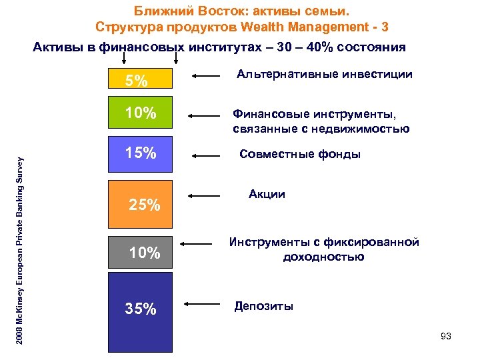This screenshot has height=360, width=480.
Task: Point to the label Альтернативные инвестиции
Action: pyautogui.click(x=324, y=75)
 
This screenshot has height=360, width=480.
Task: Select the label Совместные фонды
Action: pyautogui.click(x=300, y=155)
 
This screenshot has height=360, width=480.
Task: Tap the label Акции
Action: pyautogui.click(x=267, y=195)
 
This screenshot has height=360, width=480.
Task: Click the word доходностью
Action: pyautogui.click(x=323, y=257)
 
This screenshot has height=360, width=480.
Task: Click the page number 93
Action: pyautogui.click(x=446, y=337)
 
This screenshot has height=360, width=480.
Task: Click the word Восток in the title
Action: pyautogui.click(x=200, y=11)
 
